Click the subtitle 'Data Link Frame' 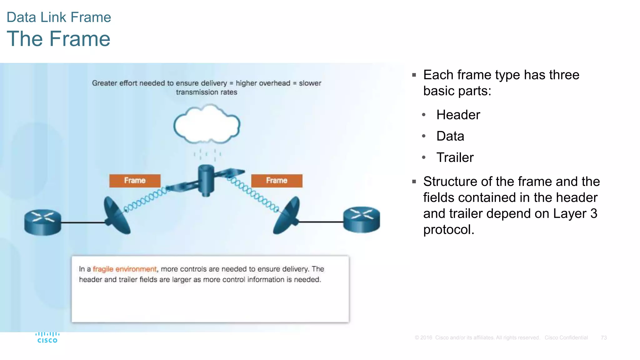click(x=58, y=17)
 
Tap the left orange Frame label click(x=135, y=181)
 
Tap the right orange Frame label click(x=277, y=181)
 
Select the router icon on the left click(x=43, y=222)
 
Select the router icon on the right click(x=362, y=219)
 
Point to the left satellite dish click(x=116, y=216)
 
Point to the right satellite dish click(x=287, y=216)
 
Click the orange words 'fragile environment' click(x=125, y=269)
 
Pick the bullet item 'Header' click(x=458, y=115)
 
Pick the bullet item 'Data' click(x=450, y=136)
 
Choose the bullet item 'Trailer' click(x=455, y=157)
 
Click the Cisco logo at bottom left click(x=47, y=338)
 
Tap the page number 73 click(x=603, y=338)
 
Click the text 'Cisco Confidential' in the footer click(x=566, y=338)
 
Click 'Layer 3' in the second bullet click(x=575, y=214)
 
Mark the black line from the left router click(x=83, y=222)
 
